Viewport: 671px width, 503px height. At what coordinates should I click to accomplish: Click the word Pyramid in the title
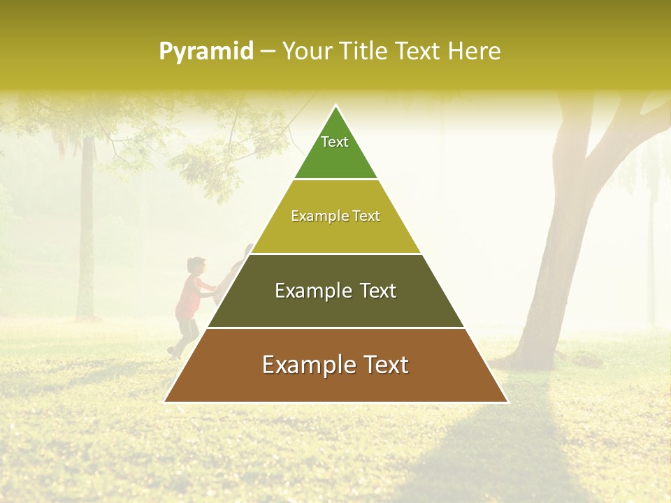205,52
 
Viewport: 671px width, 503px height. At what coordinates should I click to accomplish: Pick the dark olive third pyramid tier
335,307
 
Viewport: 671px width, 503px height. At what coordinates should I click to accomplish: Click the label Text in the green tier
335,142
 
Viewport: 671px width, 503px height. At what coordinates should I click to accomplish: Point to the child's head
196,266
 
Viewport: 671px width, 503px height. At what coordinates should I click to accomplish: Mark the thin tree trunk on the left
86,231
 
